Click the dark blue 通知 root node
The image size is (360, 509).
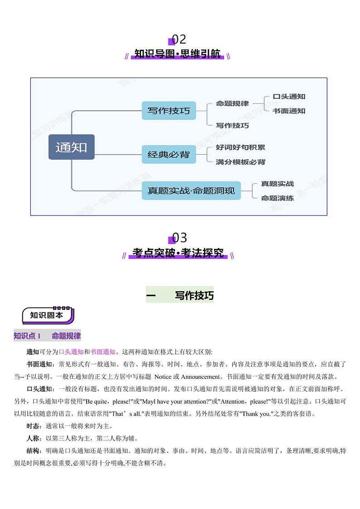coord(72,147)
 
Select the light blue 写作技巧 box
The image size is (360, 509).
coord(169,111)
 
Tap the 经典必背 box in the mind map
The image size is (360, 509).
coord(169,155)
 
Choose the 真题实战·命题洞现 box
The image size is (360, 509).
coord(191,191)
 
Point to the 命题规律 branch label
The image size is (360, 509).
coord(232,103)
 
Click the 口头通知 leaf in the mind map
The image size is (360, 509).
coord(289,97)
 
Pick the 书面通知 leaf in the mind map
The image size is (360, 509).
coord(289,111)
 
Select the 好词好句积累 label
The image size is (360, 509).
coord(240,147)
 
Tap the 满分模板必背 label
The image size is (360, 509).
coord(240,162)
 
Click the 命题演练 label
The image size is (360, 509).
coord(277,198)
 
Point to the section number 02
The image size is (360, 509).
coord(179,39)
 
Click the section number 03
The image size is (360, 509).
coord(180,238)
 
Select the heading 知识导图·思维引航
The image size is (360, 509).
coord(177,54)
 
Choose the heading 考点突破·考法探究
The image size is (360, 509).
coord(178,253)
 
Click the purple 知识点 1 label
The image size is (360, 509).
coord(27,336)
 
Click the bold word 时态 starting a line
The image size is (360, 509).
coord(33,426)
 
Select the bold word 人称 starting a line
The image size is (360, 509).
coord(33,439)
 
